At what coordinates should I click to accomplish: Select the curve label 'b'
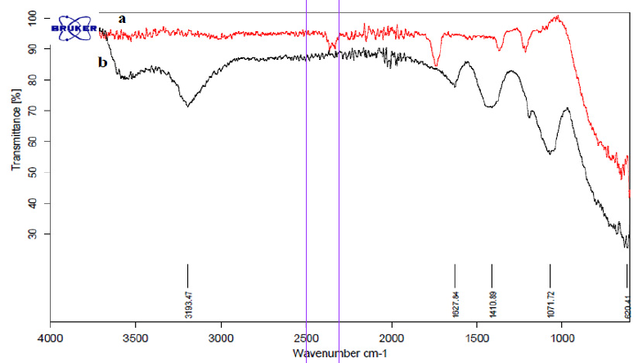tap(103, 62)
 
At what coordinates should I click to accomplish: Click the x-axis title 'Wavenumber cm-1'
tap(335, 353)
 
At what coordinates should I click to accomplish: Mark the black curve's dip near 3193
tap(187, 106)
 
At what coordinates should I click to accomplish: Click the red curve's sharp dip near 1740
tap(437, 66)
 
